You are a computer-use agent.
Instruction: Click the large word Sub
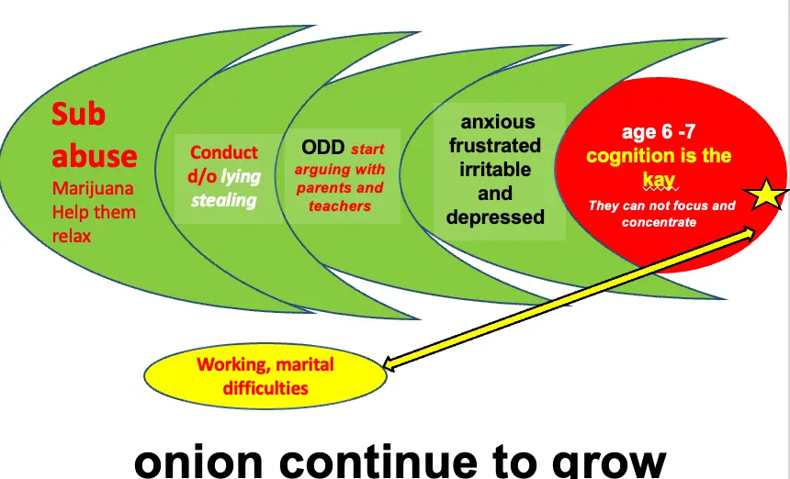point(79,115)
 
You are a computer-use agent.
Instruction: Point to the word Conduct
point(224,152)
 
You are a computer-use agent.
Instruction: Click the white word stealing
point(224,199)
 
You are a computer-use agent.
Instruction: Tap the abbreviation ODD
point(322,149)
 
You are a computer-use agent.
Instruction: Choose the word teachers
point(340,206)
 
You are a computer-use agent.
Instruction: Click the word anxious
point(497,122)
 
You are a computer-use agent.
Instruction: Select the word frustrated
point(495,146)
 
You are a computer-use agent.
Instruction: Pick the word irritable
point(495,170)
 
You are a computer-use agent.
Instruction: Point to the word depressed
point(495,217)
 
